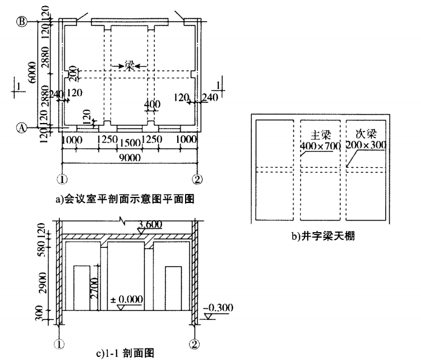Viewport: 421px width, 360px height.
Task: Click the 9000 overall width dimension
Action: coord(130,158)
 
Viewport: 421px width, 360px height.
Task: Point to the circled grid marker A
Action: coord(21,128)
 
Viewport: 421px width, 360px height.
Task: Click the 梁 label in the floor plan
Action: coord(129,65)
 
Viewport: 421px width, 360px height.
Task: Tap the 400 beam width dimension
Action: coord(152,105)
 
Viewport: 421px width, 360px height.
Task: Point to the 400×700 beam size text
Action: coord(320,145)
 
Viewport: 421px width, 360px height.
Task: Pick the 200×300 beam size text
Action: coord(366,145)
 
